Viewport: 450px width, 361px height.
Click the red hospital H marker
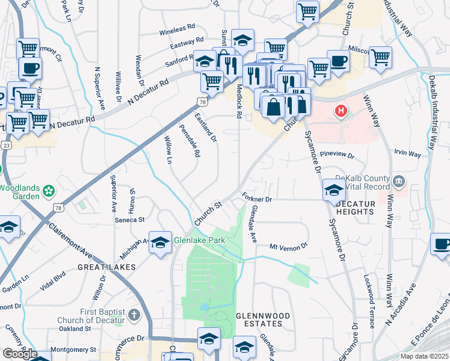(341, 111)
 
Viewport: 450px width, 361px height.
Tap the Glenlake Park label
(191, 240)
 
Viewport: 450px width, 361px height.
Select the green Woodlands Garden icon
(48, 193)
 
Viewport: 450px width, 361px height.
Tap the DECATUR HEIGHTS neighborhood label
(355, 208)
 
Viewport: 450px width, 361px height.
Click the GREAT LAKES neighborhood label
(106, 267)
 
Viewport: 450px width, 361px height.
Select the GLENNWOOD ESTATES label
(263, 319)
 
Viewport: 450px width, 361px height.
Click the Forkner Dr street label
(257, 198)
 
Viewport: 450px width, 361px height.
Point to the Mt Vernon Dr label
(288, 246)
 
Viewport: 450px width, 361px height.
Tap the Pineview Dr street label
(337, 155)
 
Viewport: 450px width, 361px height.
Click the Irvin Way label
(407, 154)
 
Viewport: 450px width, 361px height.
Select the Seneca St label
(131, 220)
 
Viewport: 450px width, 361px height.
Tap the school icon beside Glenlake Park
(160, 242)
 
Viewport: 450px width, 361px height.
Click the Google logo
(20, 354)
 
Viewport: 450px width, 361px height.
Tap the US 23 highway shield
(5, 144)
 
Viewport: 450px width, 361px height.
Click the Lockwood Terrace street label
(369, 301)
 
